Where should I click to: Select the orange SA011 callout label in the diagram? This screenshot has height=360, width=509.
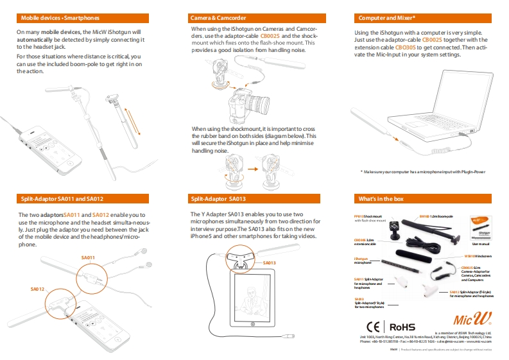(88, 257)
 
